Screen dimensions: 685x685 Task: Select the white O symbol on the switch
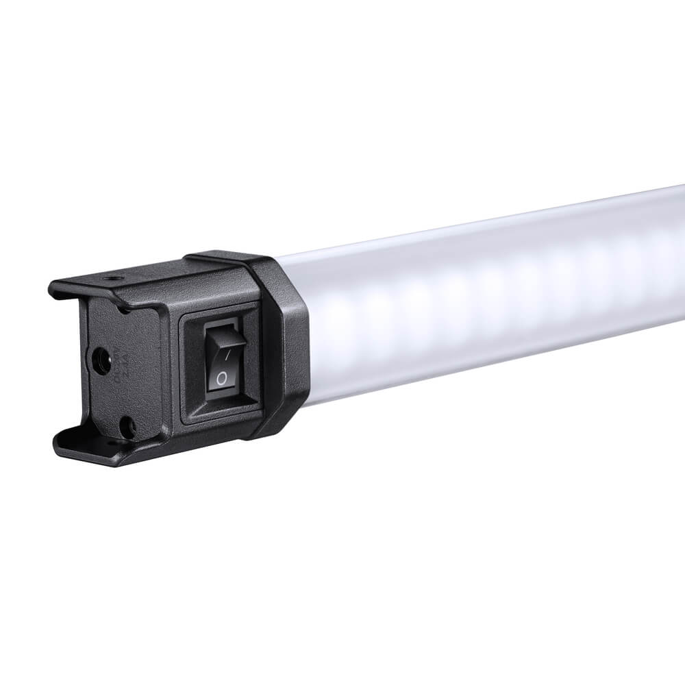tap(221, 378)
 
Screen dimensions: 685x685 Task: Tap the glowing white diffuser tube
tap(480, 301)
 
